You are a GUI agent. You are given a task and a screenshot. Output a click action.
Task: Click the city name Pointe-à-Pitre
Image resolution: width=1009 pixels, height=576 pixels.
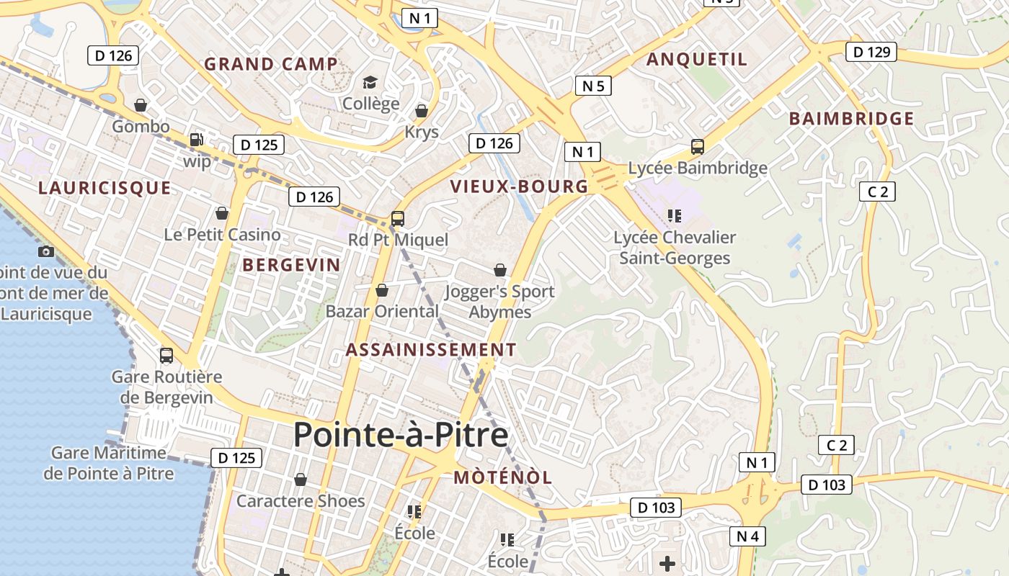[x=401, y=435]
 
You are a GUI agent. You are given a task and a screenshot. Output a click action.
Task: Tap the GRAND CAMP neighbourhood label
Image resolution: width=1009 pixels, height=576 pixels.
[x=271, y=64]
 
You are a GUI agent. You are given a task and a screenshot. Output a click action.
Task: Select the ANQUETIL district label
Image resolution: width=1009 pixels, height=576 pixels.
[x=697, y=59]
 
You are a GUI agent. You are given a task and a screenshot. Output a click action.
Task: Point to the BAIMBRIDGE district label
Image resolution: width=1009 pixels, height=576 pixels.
[x=851, y=119]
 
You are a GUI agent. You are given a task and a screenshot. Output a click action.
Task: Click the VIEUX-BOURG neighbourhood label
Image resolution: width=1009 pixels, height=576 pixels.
[x=519, y=186]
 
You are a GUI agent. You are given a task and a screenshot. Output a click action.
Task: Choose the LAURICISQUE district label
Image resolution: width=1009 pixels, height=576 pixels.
[x=105, y=189]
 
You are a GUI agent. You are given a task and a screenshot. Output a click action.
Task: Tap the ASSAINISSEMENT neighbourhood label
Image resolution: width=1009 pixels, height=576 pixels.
[x=431, y=350]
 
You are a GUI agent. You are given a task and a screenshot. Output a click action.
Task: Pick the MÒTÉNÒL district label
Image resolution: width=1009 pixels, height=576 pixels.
[x=503, y=477]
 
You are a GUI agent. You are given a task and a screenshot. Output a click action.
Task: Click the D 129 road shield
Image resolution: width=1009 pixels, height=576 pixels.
[x=871, y=52]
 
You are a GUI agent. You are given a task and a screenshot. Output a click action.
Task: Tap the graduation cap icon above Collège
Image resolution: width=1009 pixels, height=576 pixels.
[x=370, y=83]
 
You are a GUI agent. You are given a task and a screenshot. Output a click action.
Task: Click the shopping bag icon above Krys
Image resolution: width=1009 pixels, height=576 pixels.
[x=422, y=111]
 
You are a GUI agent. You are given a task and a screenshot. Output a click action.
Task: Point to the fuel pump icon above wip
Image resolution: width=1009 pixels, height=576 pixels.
[x=196, y=140]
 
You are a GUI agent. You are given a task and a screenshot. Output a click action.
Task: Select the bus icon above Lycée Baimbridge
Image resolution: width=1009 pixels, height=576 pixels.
[x=698, y=147]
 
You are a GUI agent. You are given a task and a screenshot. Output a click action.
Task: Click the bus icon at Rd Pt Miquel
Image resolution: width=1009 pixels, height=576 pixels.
[x=397, y=218]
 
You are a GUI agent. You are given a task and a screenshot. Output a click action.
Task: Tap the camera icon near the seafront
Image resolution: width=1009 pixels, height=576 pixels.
[x=46, y=251]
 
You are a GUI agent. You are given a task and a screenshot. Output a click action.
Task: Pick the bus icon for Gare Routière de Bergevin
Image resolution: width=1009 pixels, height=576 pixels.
[x=166, y=355]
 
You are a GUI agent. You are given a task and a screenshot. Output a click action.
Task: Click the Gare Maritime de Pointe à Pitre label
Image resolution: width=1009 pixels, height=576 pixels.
[x=109, y=463]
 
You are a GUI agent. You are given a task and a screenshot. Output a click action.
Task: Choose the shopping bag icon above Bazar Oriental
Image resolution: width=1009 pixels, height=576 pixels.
[x=382, y=290]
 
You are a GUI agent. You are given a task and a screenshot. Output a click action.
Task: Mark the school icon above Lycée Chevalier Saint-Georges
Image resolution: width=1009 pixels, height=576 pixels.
[x=675, y=215]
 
